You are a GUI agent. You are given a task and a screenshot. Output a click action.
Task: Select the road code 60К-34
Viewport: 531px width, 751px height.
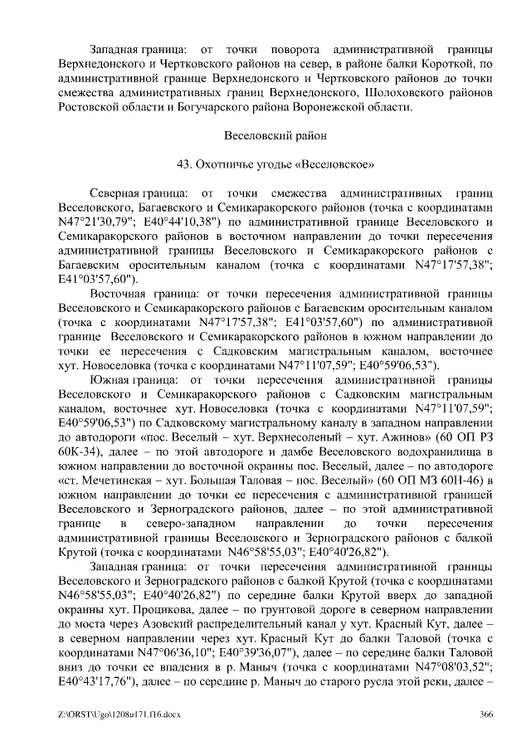[x=80, y=436]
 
